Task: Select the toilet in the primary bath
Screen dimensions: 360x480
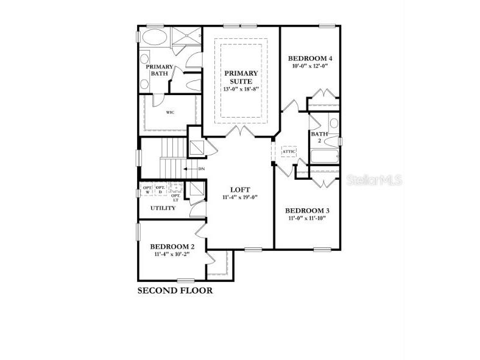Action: click(x=192, y=85)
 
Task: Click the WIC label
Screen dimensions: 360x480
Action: click(x=171, y=112)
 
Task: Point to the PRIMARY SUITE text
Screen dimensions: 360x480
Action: click(x=241, y=77)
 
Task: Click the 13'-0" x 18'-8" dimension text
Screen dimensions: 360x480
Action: click(x=241, y=89)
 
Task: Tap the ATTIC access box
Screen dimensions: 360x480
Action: click(x=288, y=152)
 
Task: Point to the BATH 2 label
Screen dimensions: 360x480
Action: click(x=319, y=137)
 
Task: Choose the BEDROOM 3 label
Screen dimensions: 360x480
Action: click(x=308, y=211)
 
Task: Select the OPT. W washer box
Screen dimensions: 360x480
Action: click(x=147, y=189)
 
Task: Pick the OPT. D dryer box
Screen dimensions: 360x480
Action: click(x=160, y=189)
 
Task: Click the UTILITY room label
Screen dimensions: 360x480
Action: click(x=163, y=208)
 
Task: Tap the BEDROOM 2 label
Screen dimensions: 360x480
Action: click(x=172, y=246)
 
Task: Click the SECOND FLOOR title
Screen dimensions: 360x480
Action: click(x=175, y=291)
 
